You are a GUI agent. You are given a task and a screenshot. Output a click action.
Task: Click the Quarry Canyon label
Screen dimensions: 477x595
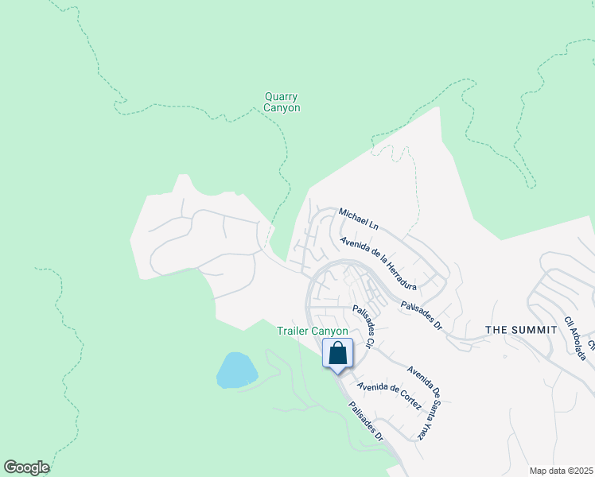coord(282,102)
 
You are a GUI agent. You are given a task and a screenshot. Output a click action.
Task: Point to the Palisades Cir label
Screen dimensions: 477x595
coord(364,328)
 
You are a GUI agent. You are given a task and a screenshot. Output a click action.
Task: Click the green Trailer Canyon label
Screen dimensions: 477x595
coord(313,331)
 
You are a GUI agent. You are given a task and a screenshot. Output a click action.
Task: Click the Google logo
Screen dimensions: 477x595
coord(26,467)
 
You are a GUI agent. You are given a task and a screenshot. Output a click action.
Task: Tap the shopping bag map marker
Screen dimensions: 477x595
coord(337,353)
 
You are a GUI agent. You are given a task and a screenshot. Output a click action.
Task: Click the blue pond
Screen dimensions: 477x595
coord(236,370)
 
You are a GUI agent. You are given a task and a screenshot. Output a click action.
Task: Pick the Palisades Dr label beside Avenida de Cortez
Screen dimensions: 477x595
coord(367,421)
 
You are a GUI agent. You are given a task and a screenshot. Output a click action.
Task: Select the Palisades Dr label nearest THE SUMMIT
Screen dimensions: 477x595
coord(422,314)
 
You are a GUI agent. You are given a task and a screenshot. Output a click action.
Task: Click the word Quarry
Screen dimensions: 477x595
coord(282,97)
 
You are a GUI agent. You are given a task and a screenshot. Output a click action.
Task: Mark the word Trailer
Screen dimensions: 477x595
coord(294,331)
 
